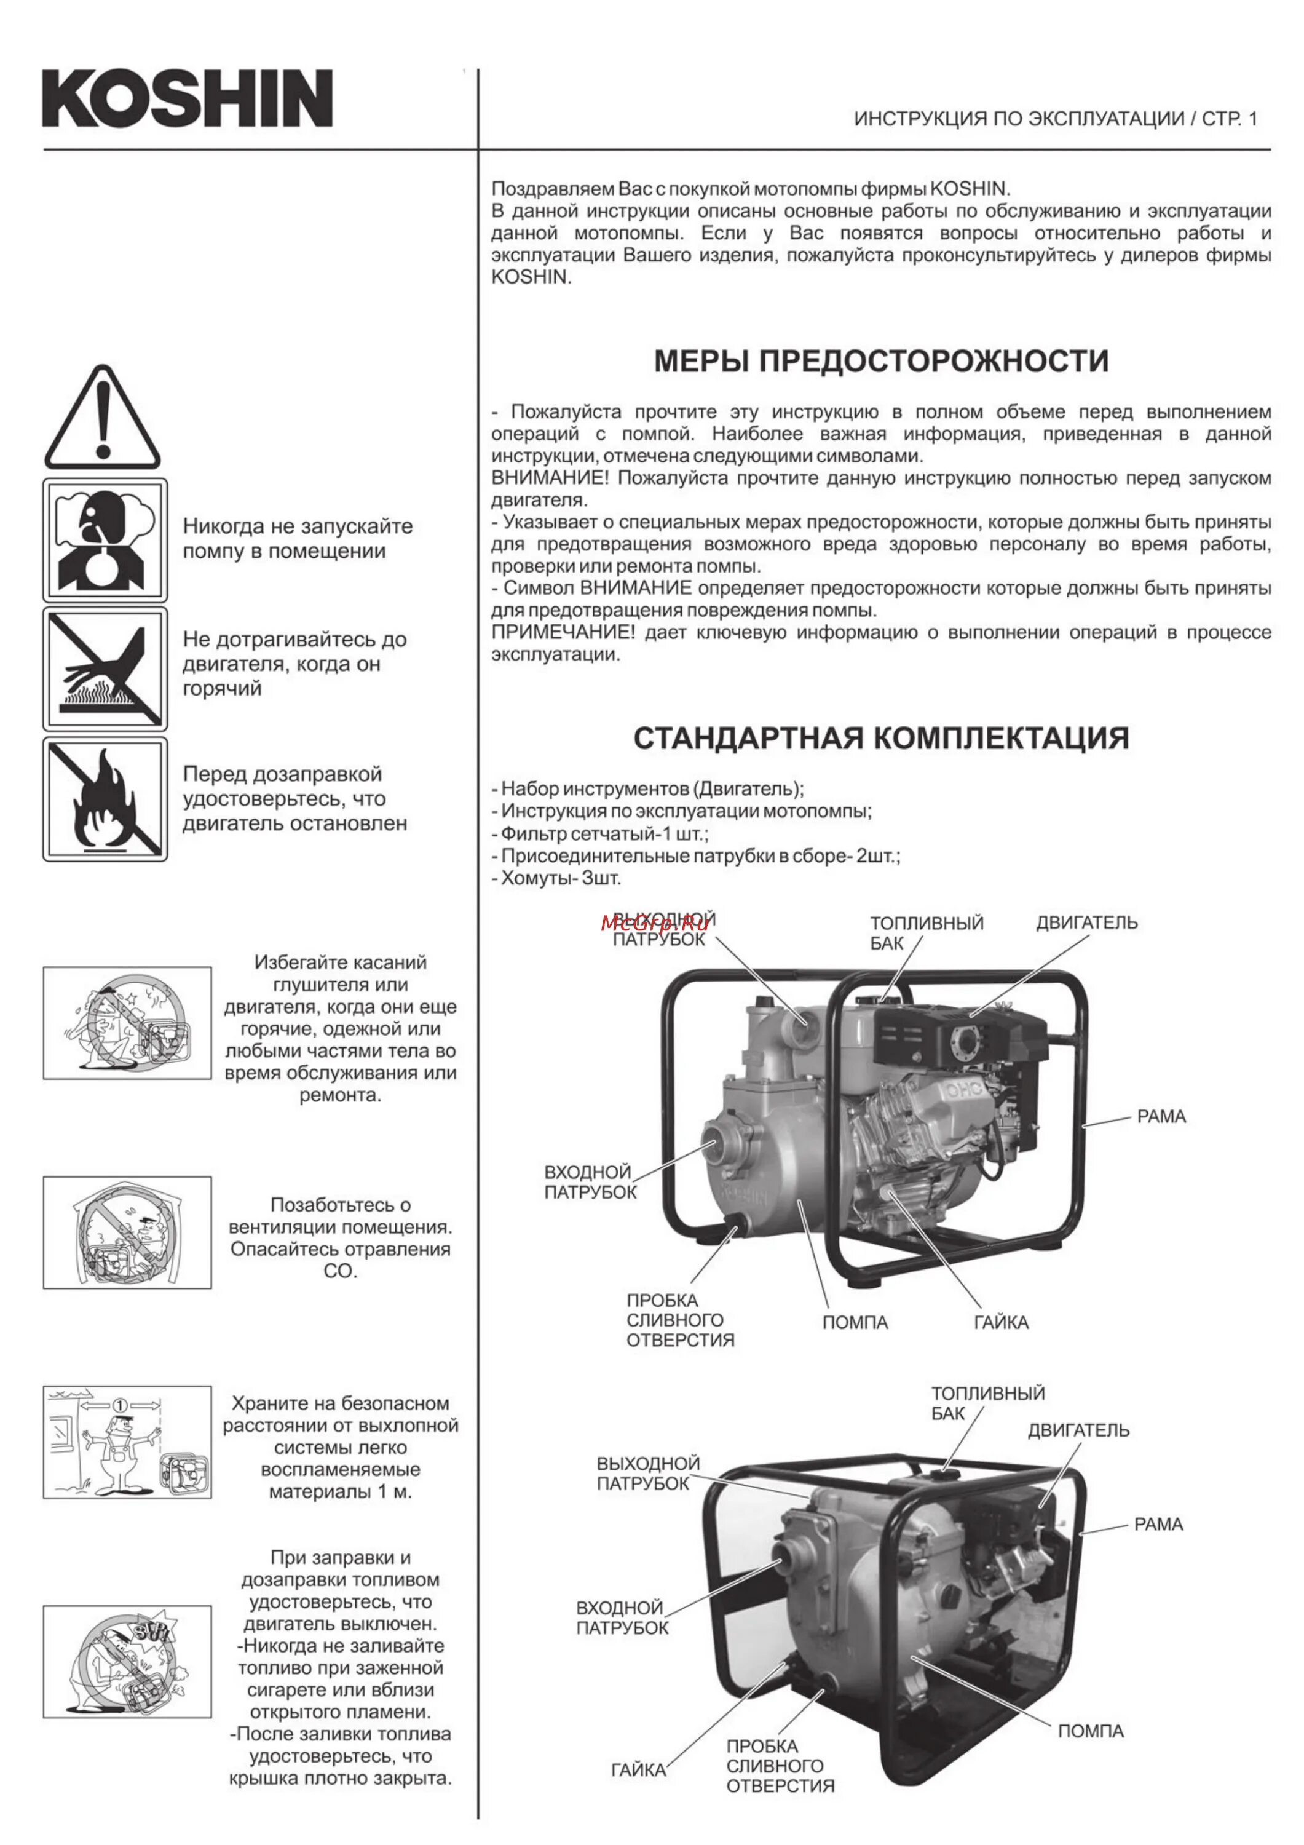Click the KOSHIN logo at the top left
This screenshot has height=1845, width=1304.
coord(187,98)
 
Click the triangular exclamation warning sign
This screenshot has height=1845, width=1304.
coord(102,419)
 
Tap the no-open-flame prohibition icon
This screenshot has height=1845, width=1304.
coord(105,799)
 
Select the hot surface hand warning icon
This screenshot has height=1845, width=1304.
coord(105,669)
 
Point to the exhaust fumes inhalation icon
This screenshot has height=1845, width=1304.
coord(105,540)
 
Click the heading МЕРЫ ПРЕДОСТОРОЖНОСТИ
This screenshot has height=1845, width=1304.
coord(882,361)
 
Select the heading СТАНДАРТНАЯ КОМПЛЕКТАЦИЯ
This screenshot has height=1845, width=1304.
coord(882,737)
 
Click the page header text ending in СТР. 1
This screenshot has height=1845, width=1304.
coord(1055,119)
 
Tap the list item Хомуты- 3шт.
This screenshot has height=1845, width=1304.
coord(556,878)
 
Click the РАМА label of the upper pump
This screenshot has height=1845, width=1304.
coord(1161,1116)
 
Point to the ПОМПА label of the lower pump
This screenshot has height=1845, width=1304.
coord(1090,1731)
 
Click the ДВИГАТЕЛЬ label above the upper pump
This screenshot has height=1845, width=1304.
coord(1086,922)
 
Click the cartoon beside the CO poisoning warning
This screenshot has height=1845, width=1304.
coord(127,1232)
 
